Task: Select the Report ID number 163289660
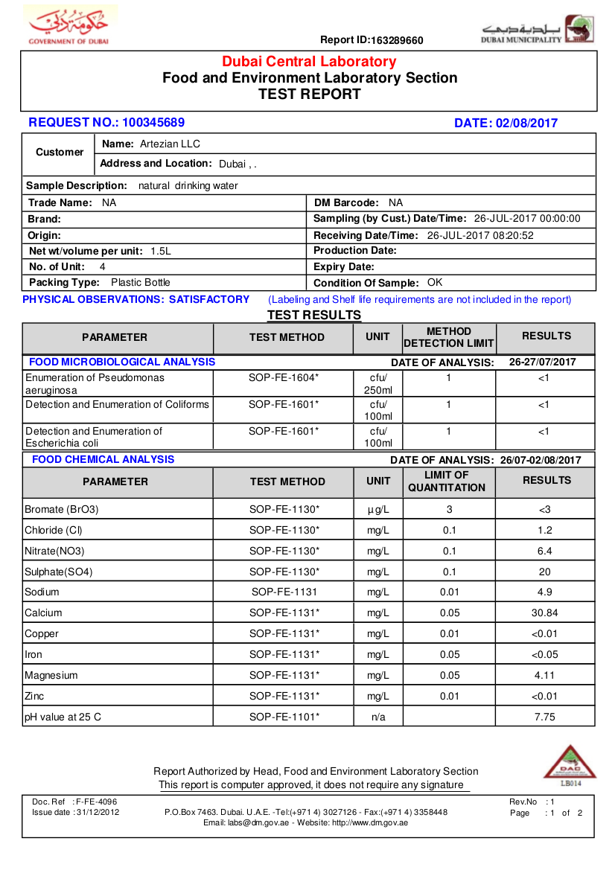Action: (x=397, y=40)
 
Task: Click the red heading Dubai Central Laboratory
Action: (x=309, y=62)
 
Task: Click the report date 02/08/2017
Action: (x=526, y=124)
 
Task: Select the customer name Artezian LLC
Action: (x=170, y=144)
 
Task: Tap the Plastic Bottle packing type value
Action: (x=140, y=283)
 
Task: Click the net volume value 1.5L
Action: (x=161, y=252)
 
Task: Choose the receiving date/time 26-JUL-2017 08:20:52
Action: (x=480, y=235)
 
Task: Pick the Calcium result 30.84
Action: (x=545, y=613)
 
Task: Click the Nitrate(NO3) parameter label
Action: (x=54, y=551)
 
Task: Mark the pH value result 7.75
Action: (x=545, y=717)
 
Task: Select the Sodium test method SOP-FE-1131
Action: (x=284, y=592)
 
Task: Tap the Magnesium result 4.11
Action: (x=545, y=676)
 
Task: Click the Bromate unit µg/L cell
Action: (x=377, y=510)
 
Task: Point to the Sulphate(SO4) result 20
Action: (x=545, y=572)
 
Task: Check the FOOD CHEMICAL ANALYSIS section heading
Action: (x=103, y=460)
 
